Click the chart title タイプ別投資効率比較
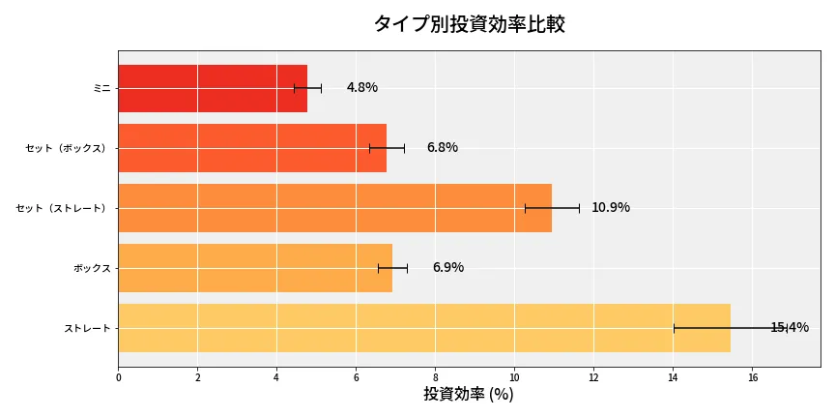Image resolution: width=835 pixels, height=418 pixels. [x=469, y=24]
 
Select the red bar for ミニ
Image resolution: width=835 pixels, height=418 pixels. [x=213, y=88]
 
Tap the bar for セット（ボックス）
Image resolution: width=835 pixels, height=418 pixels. [x=252, y=148]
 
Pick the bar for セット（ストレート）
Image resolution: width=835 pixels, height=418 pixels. [x=334, y=208]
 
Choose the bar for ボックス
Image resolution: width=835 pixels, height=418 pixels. [x=255, y=268]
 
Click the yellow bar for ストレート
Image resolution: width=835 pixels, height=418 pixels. [x=424, y=328]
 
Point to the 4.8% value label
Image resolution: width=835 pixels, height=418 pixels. [x=362, y=88]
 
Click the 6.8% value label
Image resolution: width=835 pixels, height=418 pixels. [x=443, y=148]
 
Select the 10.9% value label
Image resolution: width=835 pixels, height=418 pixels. [x=611, y=208]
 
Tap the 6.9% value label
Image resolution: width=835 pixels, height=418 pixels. [x=448, y=268]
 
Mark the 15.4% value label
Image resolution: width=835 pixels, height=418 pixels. [x=790, y=328]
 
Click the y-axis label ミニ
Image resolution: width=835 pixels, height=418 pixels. [x=101, y=88]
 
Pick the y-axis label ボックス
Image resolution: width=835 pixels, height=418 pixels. [x=92, y=268]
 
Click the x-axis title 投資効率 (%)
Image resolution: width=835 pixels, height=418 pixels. [x=469, y=395]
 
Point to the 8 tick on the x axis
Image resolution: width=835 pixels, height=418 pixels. [x=435, y=377]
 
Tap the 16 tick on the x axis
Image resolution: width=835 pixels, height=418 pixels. [x=752, y=377]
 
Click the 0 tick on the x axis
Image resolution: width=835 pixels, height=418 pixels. [x=118, y=377]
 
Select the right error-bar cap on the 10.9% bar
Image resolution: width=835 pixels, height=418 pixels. [x=579, y=208]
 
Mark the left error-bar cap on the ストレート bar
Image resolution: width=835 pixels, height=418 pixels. [x=674, y=328]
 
